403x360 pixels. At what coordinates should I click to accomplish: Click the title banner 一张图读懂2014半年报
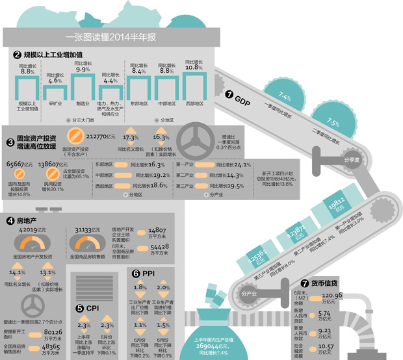click(110, 38)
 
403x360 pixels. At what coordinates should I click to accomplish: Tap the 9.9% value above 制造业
click(82, 69)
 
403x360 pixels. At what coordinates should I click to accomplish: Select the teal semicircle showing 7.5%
click(333, 121)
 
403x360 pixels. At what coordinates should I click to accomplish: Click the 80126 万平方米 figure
click(49, 332)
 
